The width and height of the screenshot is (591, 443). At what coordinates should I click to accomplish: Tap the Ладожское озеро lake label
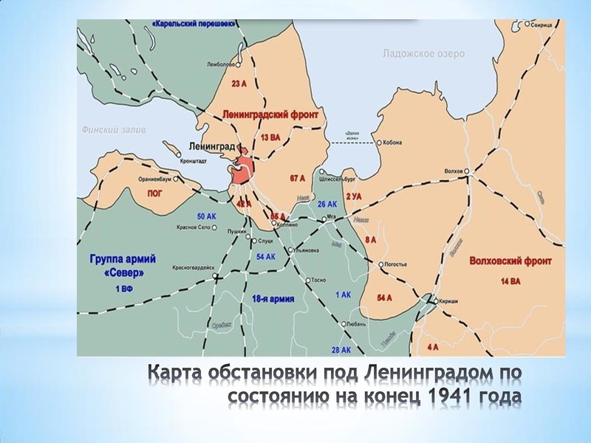[423, 54]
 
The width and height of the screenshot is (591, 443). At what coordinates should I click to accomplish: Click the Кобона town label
[392, 142]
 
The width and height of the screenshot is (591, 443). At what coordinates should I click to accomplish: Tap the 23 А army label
[239, 84]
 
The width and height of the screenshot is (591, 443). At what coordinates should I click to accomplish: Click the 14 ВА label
[510, 281]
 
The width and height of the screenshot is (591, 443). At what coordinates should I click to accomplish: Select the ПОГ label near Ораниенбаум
[154, 193]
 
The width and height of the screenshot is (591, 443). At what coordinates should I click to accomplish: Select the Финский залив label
[113, 129]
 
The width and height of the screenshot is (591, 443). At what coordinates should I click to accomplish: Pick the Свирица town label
[545, 24]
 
